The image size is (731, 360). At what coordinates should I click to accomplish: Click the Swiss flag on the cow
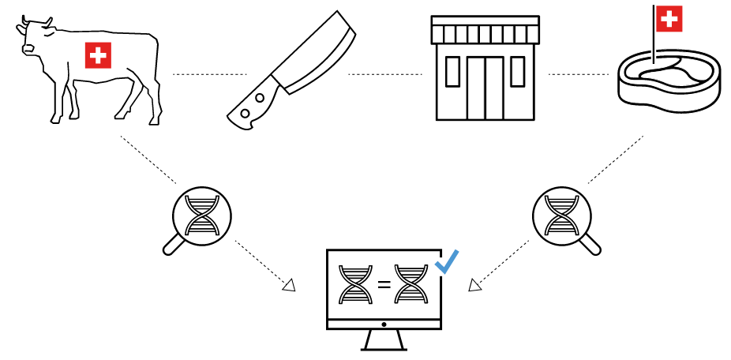(99, 55)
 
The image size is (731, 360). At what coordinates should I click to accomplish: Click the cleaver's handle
(250, 111)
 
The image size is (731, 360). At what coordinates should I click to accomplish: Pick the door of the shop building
(485, 87)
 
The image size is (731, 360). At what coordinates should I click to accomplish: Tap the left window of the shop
(453, 72)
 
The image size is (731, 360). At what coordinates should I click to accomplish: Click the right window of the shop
(517, 72)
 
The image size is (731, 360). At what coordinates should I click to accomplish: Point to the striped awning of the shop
(485, 33)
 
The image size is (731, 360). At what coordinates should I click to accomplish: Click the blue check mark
(447, 261)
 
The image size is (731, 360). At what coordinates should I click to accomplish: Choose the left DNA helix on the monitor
(355, 284)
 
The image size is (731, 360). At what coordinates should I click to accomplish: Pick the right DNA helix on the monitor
(411, 284)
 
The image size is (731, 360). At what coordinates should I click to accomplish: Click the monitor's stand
(384, 339)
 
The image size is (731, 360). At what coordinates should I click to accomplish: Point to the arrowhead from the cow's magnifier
(289, 285)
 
